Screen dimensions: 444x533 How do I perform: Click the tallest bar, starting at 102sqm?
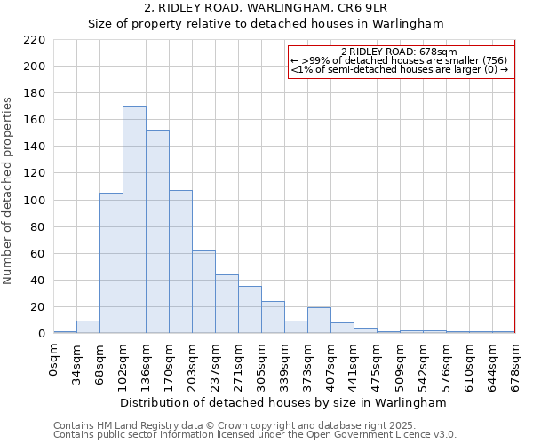click(x=134, y=220)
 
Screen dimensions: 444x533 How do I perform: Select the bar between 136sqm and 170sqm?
click(x=157, y=232)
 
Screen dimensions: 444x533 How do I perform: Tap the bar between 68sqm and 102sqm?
click(x=111, y=263)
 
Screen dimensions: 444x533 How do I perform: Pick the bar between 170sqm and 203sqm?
click(x=180, y=262)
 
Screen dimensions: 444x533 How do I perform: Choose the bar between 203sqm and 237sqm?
click(x=203, y=292)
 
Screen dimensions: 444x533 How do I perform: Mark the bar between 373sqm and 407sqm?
click(x=319, y=321)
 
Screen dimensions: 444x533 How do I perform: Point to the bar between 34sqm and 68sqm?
click(x=88, y=327)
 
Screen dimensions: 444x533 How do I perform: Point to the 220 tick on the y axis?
click(x=35, y=40)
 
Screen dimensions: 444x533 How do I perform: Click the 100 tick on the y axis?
click(x=35, y=201)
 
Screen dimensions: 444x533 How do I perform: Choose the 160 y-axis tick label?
click(x=35, y=120)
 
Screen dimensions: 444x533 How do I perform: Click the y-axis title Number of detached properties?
click(x=9, y=191)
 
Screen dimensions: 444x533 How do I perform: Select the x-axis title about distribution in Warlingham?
click(x=282, y=403)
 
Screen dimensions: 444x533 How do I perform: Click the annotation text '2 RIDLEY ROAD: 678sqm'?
click(x=398, y=52)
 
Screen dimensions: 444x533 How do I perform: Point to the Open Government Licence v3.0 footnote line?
click(x=255, y=435)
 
